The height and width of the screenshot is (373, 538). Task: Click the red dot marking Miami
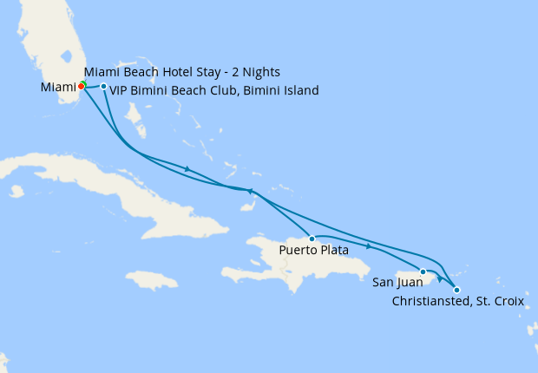click(x=81, y=87)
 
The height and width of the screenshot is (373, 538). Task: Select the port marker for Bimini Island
click(x=103, y=86)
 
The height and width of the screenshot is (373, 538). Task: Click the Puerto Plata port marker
click(x=312, y=238)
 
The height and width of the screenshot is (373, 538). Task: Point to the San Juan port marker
click(x=423, y=272)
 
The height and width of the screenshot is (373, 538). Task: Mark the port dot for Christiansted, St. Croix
click(x=457, y=290)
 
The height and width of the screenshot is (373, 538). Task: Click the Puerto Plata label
click(x=313, y=251)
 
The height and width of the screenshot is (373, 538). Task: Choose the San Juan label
click(x=398, y=282)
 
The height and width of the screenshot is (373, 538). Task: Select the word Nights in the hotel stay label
click(x=259, y=71)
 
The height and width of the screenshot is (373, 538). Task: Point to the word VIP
click(x=121, y=90)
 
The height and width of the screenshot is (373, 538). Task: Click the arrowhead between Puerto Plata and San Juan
click(x=369, y=246)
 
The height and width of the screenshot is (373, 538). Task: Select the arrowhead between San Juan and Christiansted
click(x=440, y=278)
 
